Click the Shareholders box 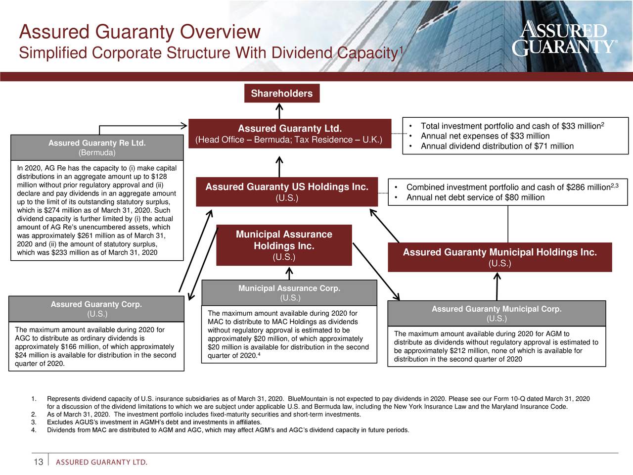point(282,94)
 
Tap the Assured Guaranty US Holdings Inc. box point(287,192)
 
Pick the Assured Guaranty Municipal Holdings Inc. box point(499,257)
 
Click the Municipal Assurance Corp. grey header point(289,293)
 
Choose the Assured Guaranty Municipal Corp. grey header point(497,314)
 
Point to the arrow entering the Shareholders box point(279,111)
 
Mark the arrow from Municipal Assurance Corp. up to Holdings point(289,273)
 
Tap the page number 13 point(38,462)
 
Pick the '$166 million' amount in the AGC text point(76,347)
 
